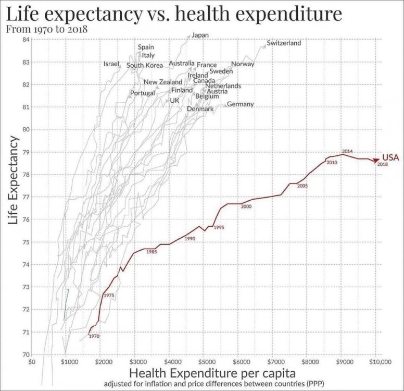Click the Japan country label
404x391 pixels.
200,35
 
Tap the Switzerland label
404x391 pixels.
284,43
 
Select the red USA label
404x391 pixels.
391,157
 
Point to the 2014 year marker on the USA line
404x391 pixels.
348,151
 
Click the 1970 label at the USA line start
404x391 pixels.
94,336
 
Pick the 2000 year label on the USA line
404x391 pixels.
246,207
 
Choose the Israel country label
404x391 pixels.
112,64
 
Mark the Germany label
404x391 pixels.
241,104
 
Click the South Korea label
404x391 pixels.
145,66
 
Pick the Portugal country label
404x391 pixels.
143,93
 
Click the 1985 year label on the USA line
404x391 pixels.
151,252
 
